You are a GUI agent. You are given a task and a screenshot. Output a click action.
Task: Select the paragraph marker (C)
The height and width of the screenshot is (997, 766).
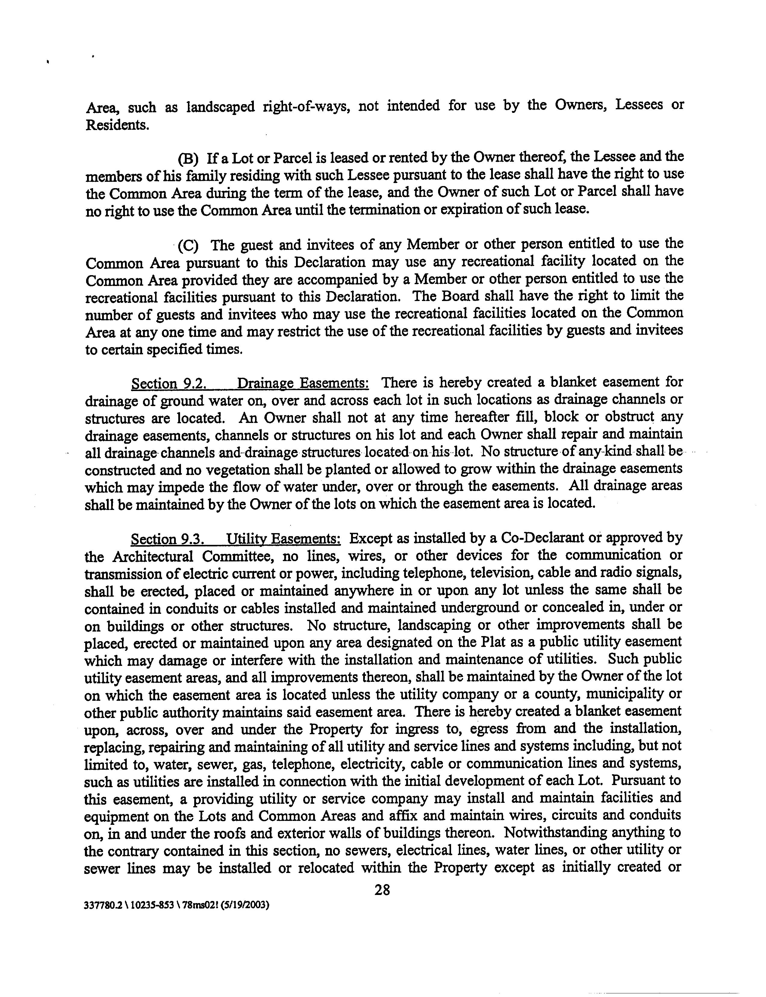click(x=188, y=246)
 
